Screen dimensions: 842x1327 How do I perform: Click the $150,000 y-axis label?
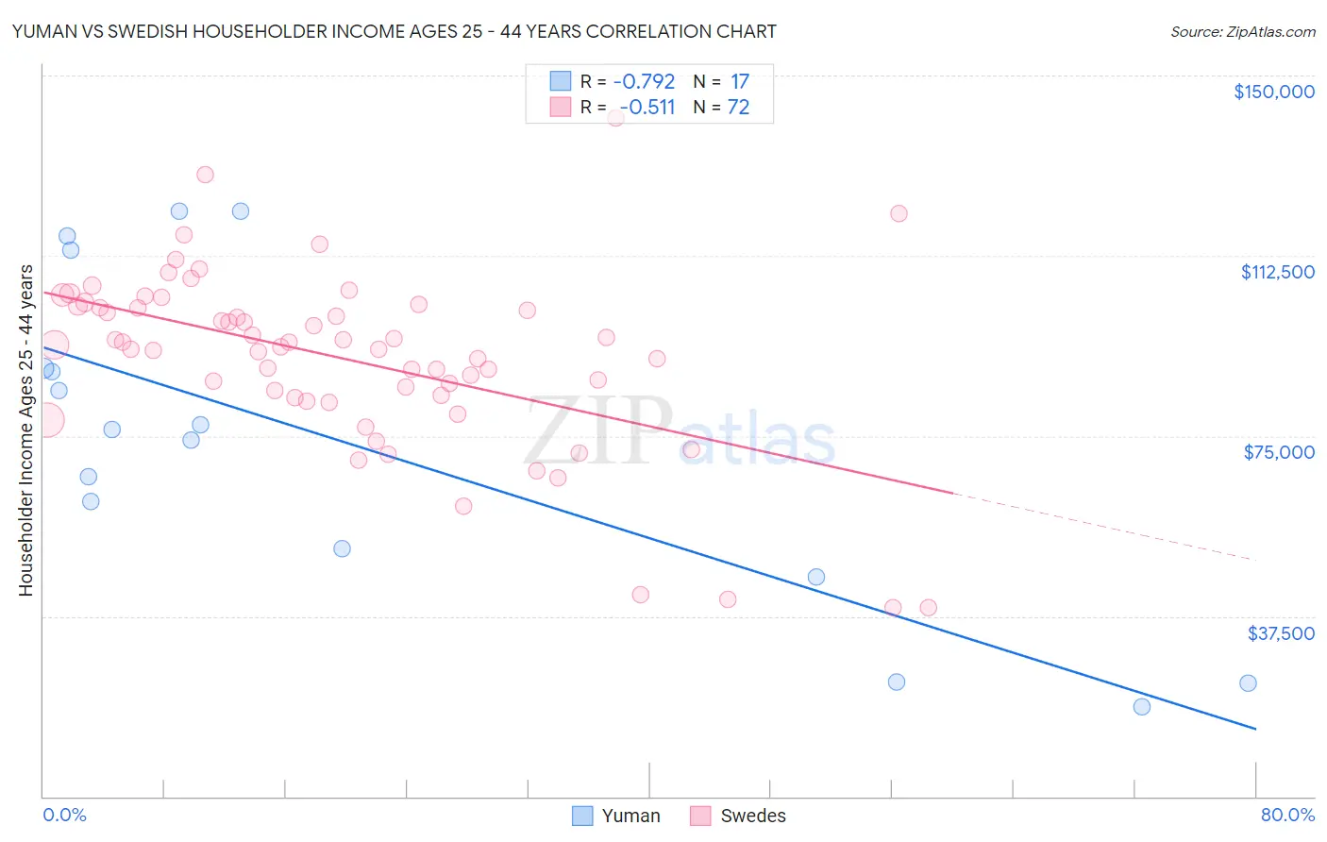click(x=1273, y=92)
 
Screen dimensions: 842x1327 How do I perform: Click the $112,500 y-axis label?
click(x=1277, y=272)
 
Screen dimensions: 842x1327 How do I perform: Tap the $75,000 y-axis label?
click(x=1279, y=452)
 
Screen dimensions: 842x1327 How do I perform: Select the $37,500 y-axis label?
click(x=1281, y=633)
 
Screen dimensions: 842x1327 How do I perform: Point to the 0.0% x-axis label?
click(x=64, y=815)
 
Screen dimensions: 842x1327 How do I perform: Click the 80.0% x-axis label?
click(x=1287, y=815)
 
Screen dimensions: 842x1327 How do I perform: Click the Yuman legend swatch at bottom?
click(x=582, y=816)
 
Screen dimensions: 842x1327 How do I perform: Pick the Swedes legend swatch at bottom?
click(x=700, y=816)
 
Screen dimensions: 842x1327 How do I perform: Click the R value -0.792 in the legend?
click(x=644, y=81)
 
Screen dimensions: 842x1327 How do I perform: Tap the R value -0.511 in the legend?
click(x=647, y=107)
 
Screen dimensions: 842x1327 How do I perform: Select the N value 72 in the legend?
click(x=738, y=107)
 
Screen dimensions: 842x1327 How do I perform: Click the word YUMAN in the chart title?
click(x=43, y=31)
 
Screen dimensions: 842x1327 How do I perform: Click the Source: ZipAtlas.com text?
click(x=1242, y=31)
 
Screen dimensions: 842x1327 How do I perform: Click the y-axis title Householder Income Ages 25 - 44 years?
click(x=25, y=430)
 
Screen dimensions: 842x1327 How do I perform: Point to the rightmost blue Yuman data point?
click(x=1248, y=683)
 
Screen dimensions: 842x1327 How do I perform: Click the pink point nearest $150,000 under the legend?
click(x=615, y=118)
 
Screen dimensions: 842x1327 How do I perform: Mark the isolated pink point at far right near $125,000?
click(x=899, y=213)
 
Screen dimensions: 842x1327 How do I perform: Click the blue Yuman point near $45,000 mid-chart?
click(x=816, y=577)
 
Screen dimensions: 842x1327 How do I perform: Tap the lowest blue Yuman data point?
click(x=1142, y=707)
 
